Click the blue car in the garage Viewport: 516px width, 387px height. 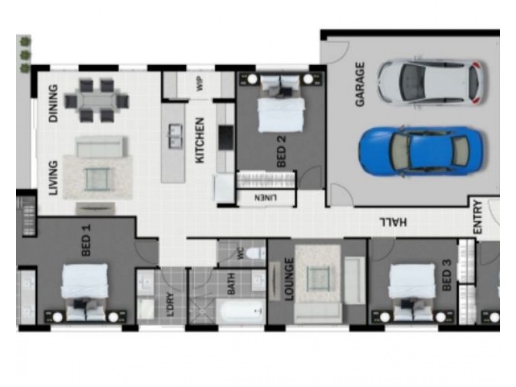421,152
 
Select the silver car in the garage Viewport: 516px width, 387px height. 431,82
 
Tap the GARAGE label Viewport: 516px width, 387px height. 360,84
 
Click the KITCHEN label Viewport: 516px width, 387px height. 200,140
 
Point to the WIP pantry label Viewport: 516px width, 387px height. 200,84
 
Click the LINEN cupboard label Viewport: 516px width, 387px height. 266,198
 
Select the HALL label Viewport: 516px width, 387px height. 393,222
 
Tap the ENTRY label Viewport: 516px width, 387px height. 477,217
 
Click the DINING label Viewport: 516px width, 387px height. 53,103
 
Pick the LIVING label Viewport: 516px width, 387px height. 53,178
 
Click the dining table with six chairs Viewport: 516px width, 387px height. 96,101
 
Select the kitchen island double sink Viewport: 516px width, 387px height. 175,135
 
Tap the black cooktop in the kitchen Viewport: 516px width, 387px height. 226,137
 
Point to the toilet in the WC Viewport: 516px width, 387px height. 255,253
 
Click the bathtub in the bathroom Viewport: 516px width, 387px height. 241,311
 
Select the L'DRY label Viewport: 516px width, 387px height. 170,304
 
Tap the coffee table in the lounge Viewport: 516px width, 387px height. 317,279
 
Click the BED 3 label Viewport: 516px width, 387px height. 446,275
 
